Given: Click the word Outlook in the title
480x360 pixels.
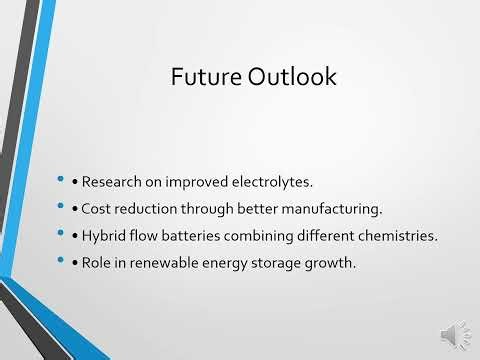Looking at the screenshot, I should tap(292, 77).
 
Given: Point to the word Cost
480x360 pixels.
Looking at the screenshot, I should tap(97, 209).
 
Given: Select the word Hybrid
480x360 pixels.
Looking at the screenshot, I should tap(104, 236).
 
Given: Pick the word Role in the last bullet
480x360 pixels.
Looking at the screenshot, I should tap(98, 262).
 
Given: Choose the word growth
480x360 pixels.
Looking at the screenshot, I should tap(325, 262).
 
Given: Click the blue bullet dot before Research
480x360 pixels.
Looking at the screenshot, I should tap(63, 181).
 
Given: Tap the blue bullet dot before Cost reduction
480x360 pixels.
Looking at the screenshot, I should tap(63, 207).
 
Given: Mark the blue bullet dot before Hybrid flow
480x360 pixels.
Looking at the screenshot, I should tap(63, 234).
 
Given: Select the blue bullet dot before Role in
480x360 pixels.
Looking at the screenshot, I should tap(63, 260).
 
